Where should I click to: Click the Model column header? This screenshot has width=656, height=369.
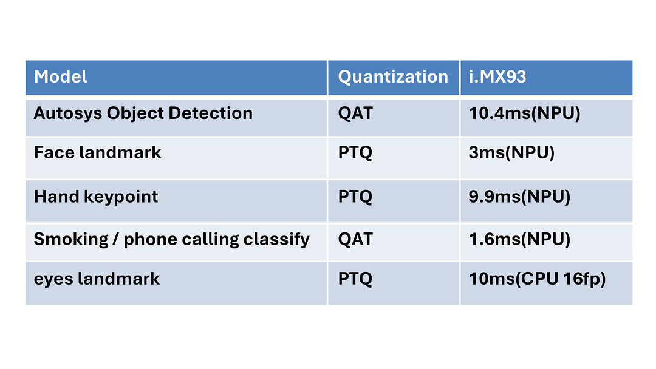[60, 77]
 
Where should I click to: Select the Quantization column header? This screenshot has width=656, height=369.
[393, 77]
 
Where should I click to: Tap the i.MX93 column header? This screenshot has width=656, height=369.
[497, 77]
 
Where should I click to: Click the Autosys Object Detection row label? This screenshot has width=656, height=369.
[143, 113]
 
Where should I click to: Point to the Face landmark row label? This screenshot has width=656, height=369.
[97, 152]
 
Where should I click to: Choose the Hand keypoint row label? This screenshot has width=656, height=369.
[96, 197]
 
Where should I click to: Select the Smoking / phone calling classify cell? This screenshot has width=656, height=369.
[171, 240]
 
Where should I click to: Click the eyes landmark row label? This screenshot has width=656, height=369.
[97, 279]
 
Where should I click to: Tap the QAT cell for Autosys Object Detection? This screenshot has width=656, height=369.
[355, 113]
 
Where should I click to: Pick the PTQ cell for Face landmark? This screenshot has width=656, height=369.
[355, 152]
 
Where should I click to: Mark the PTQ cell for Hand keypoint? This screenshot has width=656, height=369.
[355, 197]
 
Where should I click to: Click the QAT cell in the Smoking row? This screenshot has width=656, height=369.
[355, 240]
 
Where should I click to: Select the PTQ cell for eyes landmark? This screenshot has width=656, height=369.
[355, 279]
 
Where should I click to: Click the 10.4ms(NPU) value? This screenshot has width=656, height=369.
[525, 113]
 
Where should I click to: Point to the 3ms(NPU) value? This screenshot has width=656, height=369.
[511, 153]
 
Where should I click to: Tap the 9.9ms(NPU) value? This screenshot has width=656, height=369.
[519, 197]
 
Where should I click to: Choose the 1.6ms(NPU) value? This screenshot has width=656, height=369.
[519, 240]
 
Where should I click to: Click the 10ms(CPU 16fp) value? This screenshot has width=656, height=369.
[537, 279]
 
